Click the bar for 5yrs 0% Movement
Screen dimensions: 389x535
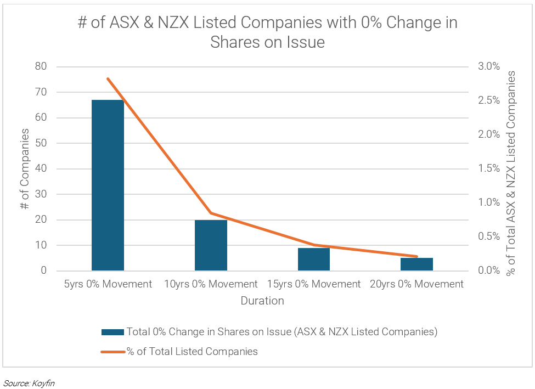[108, 185]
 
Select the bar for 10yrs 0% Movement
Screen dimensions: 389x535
[211, 245]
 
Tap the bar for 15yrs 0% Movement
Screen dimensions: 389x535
[314, 259]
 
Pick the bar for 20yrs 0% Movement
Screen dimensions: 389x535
[417, 264]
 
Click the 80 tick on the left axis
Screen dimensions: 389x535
[41, 66]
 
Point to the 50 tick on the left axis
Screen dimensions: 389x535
[41, 143]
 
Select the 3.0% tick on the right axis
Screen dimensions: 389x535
[489, 66]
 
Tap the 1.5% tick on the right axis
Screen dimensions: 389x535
[489, 168]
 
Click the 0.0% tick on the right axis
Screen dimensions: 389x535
[489, 270]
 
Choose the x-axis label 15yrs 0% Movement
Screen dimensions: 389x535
[314, 284]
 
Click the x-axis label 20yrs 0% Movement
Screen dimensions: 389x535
[417, 284]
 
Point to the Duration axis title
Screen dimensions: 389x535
[262, 301]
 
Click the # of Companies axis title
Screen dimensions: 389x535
[25, 168]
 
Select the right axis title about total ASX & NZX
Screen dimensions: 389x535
[511, 168]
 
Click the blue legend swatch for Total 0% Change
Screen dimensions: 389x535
[112, 332]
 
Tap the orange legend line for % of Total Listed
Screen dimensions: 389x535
[112, 352]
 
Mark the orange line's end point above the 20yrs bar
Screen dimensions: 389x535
[417, 256]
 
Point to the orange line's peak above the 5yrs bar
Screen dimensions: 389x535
[108, 78]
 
